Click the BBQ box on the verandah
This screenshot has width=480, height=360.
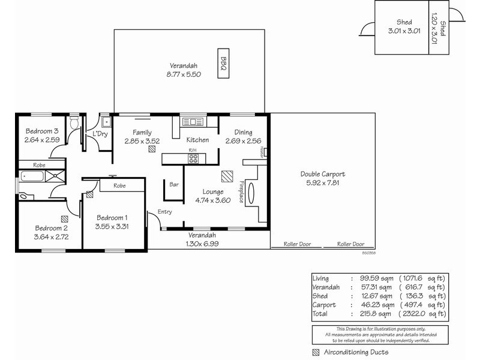point(223,63)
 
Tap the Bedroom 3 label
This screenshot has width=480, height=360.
point(41,131)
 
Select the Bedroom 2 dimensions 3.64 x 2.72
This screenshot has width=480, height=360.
point(51,236)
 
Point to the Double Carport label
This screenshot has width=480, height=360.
point(323,174)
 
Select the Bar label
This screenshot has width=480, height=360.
point(175,184)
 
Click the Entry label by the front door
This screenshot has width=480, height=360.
point(164,212)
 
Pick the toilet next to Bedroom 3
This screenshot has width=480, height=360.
point(74,124)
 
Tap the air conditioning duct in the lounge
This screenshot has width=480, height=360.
point(227,176)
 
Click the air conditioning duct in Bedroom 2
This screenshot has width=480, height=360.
point(64,219)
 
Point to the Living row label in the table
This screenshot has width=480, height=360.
point(322,278)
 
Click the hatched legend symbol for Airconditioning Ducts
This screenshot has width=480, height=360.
point(316,352)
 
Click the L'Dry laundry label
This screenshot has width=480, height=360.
point(98,134)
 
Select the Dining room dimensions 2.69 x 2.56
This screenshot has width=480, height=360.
point(244,141)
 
